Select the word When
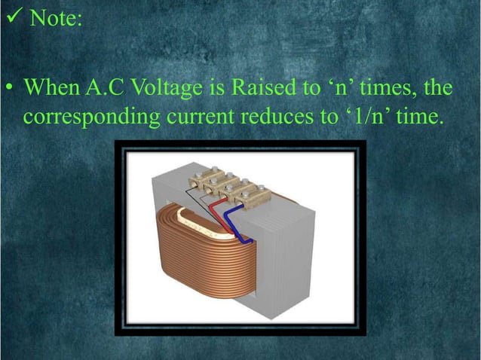coord(51,89)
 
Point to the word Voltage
coord(166,90)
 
